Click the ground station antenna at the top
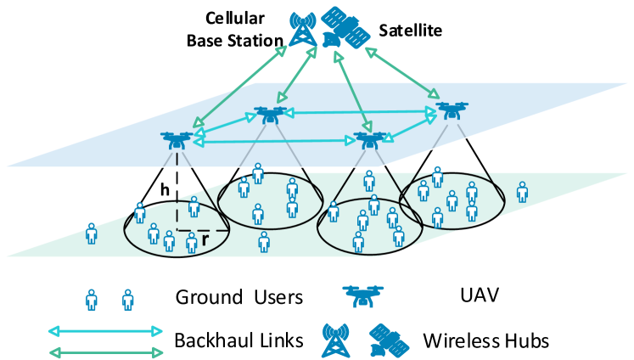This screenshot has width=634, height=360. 303,28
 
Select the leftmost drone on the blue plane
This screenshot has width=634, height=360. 177,139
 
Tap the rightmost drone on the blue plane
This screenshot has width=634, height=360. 452,110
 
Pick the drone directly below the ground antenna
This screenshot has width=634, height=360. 270,114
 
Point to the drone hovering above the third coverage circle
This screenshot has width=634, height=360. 369,139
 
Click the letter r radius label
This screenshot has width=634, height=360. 205,239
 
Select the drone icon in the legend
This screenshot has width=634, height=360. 362,295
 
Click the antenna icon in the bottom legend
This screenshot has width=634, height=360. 335,340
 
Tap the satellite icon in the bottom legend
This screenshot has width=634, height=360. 389,340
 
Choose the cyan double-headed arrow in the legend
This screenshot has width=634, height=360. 105,331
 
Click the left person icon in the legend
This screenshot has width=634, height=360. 92,300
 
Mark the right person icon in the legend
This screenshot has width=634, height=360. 128,300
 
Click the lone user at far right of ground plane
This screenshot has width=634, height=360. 522,192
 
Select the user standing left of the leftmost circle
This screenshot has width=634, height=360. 92,233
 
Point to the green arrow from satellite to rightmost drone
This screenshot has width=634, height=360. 402,73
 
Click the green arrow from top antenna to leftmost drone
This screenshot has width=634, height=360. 240,86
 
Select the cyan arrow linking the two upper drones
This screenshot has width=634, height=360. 360,111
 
